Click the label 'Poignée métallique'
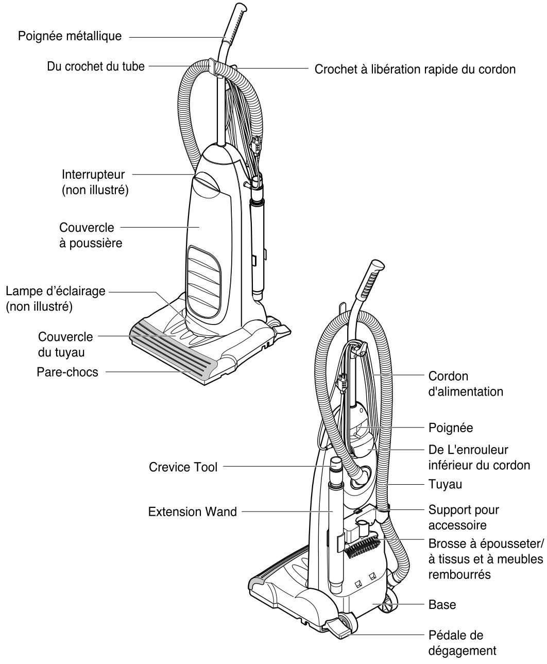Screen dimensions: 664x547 [x=70, y=36]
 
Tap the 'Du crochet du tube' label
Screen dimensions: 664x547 [x=96, y=66]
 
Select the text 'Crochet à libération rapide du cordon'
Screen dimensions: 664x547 [x=415, y=70]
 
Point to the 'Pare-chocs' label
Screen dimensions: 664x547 [x=67, y=371]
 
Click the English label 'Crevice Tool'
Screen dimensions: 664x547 [x=183, y=467]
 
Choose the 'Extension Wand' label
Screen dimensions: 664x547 [x=193, y=512]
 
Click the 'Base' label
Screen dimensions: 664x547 [x=442, y=604]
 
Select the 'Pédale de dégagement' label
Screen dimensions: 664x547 [x=462, y=642]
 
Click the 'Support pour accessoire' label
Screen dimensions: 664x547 [x=464, y=517]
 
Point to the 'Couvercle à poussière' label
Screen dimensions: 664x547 [x=91, y=235]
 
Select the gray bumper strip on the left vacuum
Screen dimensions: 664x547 [x=175, y=348]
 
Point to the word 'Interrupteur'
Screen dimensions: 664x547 [x=93, y=174]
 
